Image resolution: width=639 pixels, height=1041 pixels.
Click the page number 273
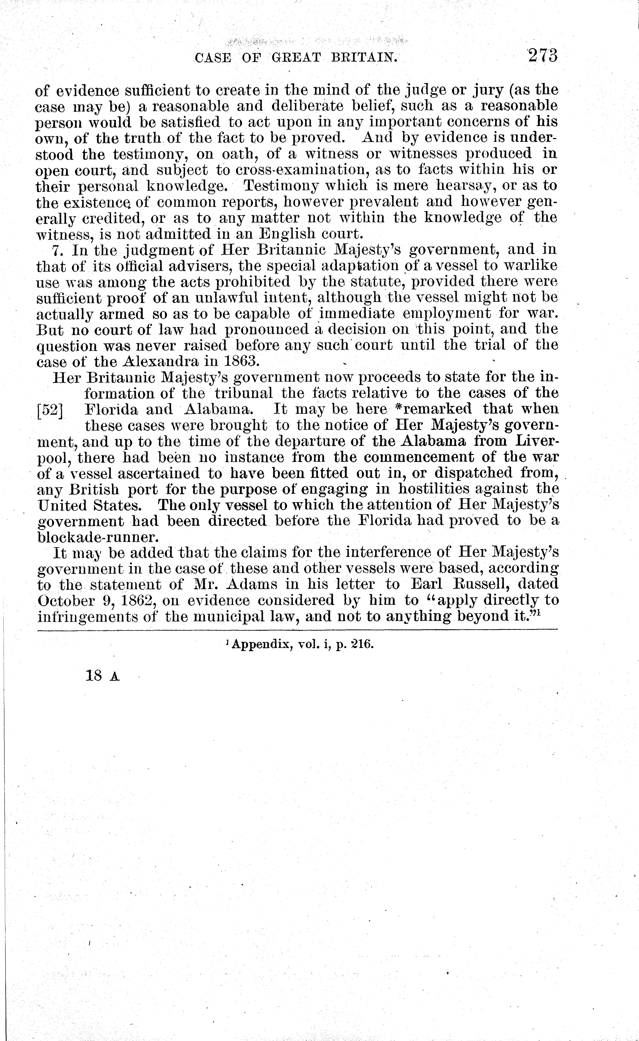click(x=543, y=56)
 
